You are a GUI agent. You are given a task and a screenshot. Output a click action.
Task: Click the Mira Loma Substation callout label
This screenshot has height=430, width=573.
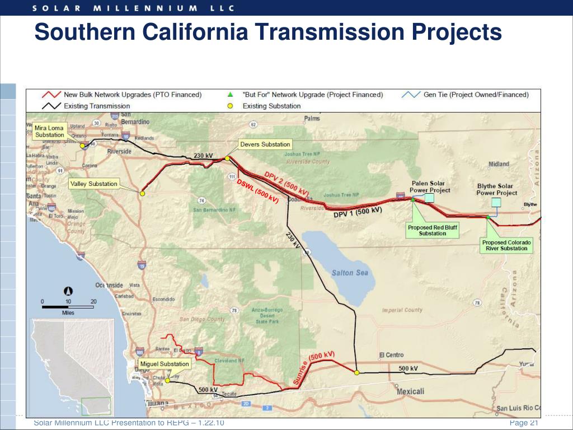point(49,132)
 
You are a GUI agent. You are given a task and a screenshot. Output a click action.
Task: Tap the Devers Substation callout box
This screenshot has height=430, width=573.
point(265,144)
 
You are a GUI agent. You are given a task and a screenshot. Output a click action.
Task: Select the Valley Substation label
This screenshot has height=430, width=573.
point(93,184)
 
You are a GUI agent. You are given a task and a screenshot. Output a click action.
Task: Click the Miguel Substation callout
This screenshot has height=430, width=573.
point(165,364)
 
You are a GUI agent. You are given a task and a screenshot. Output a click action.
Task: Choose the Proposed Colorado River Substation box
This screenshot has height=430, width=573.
point(506,245)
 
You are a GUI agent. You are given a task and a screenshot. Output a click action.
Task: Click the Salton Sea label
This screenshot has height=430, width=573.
point(350,273)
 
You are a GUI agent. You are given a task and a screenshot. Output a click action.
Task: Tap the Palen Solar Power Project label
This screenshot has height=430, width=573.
point(429,186)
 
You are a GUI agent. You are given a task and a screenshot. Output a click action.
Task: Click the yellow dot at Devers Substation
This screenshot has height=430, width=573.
point(227,158)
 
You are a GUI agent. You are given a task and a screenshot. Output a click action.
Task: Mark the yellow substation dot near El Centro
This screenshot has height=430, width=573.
point(356,372)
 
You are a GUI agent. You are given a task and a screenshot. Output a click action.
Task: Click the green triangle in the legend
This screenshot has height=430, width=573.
point(230,95)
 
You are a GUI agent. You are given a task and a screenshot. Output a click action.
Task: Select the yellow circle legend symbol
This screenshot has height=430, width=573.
point(230,106)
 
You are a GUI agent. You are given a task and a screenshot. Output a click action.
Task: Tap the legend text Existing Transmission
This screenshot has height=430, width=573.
point(97,106)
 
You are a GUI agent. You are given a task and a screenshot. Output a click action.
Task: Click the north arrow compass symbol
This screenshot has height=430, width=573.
point(68,291)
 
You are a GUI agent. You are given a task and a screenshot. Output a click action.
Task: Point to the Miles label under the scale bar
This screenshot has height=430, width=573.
point(68,313)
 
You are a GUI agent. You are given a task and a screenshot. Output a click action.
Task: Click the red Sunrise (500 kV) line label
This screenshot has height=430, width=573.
point(313,368)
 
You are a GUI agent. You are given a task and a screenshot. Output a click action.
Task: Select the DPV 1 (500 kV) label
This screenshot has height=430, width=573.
point(358,212)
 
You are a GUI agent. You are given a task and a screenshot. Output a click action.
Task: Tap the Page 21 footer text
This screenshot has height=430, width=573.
point(523,423)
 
